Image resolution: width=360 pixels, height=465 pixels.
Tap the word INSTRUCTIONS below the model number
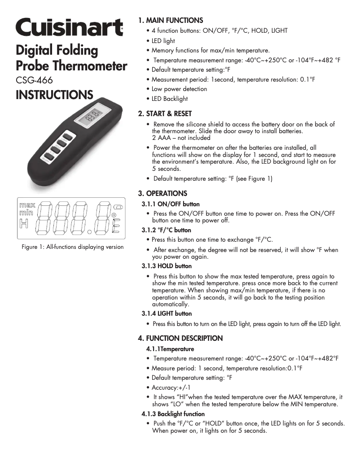(x=54, y=95)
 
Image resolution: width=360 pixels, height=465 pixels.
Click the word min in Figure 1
(x=26, y=213)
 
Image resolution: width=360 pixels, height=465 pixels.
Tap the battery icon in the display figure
(x=118, y=207)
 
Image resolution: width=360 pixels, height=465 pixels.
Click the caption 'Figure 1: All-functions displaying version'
(x=72, y=247)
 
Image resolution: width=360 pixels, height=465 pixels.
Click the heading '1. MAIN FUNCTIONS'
(x=171, y=20)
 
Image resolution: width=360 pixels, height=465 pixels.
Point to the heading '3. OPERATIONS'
(x=162, y=194)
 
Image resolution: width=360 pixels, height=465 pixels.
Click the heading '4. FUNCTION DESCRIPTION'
(x=180, y=338)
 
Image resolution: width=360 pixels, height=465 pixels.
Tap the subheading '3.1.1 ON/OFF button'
(x=171, y=204)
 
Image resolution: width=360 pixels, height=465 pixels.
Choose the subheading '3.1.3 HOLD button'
(x=167, y=266)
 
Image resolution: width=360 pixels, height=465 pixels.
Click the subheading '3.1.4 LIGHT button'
(x=167, y=313)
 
